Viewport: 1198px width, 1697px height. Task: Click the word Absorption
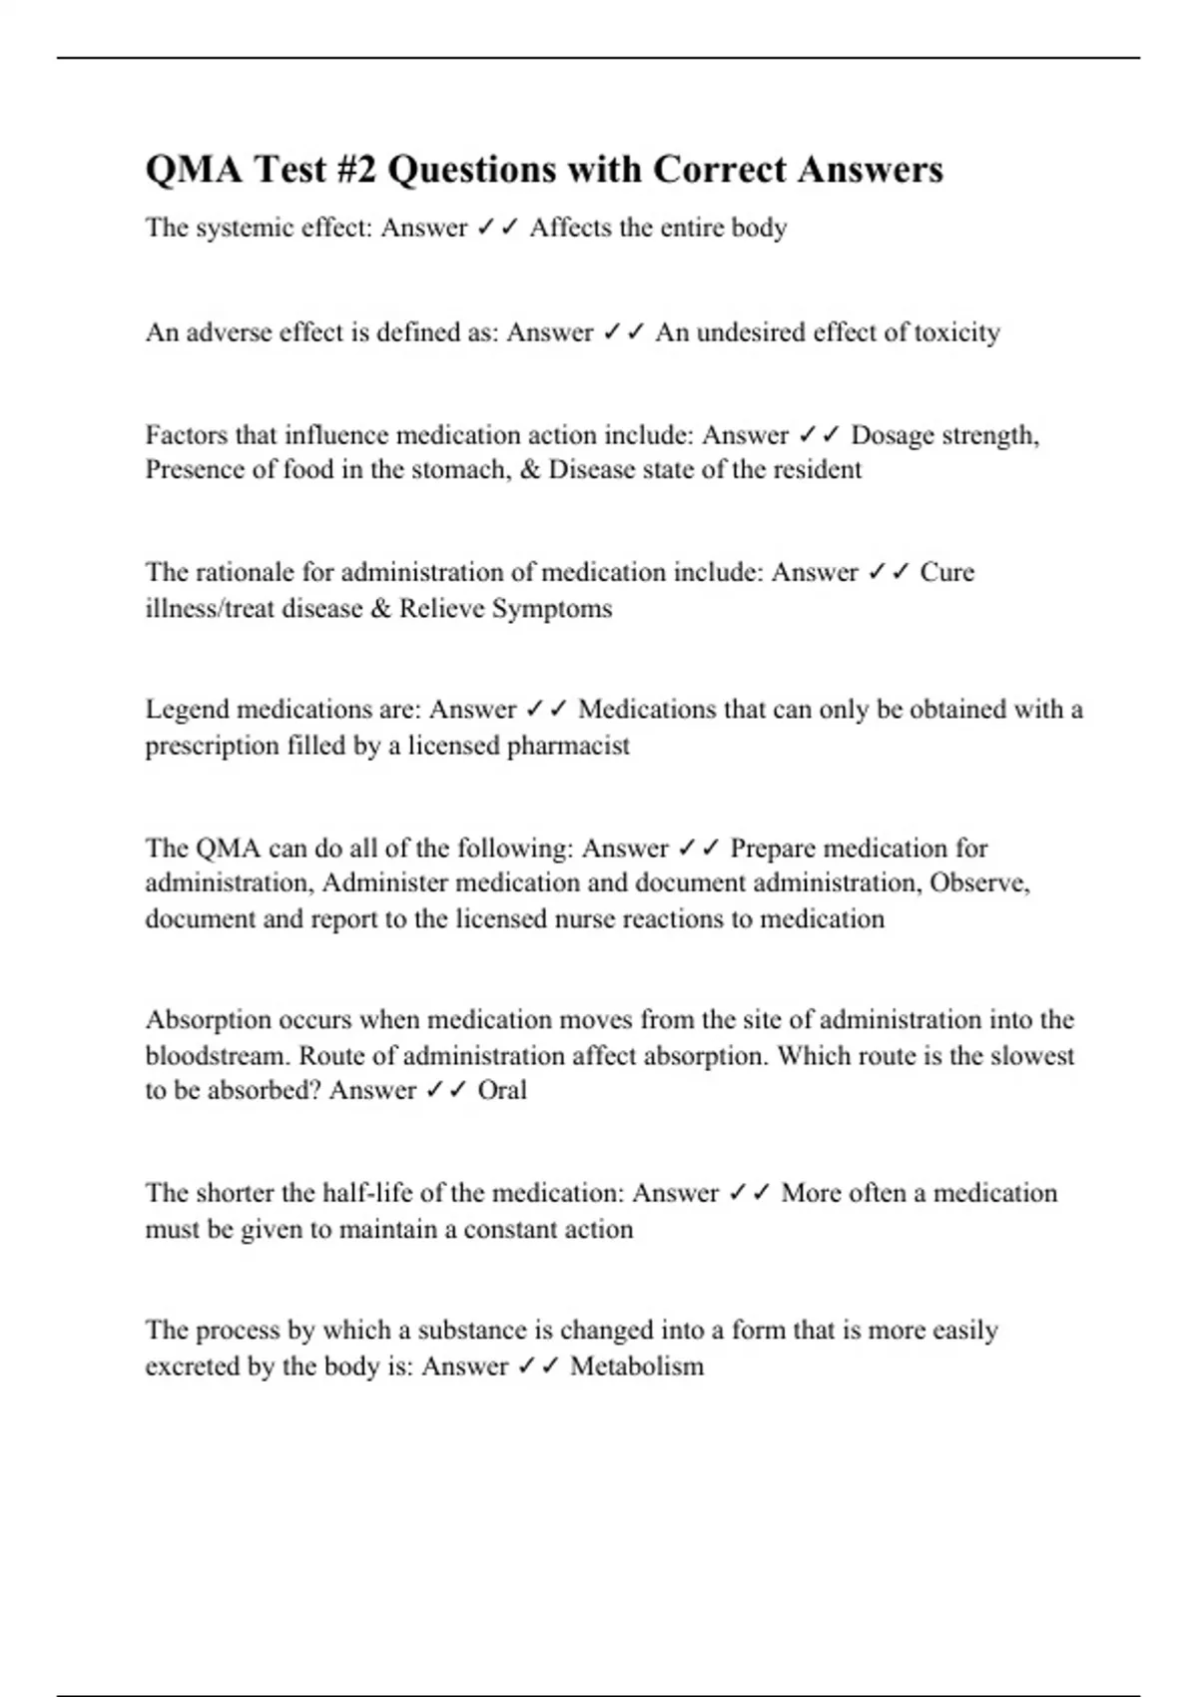pyautogui.click(x=208, y=1020)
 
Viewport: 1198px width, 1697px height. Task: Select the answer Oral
pyautogui.click(x=502, y=1090)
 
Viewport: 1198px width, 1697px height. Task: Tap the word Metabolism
pyautogui.click(x=637, y=1367)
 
